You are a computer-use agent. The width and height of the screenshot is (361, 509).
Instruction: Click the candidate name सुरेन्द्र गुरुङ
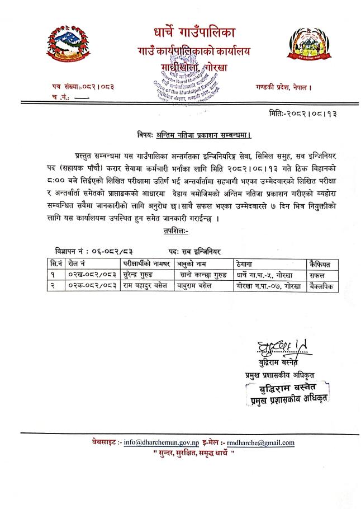pyautogui.click(x=138, y=275)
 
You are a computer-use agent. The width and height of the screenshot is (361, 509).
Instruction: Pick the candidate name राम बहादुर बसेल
pyautogui.click(x=142, y=285)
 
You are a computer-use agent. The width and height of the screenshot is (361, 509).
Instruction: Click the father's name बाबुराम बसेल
pyautogui.click(x=200, y=285)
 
